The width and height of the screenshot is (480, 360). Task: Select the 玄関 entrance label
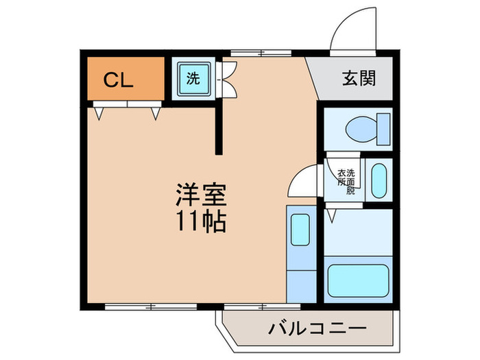tap(358, 79)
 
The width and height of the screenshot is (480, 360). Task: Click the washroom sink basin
tap(379, 180)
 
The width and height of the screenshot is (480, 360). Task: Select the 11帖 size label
tap(201, 221)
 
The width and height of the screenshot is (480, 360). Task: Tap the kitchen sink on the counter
tap(300, 230)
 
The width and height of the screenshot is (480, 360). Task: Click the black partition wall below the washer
tap(219, 128)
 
